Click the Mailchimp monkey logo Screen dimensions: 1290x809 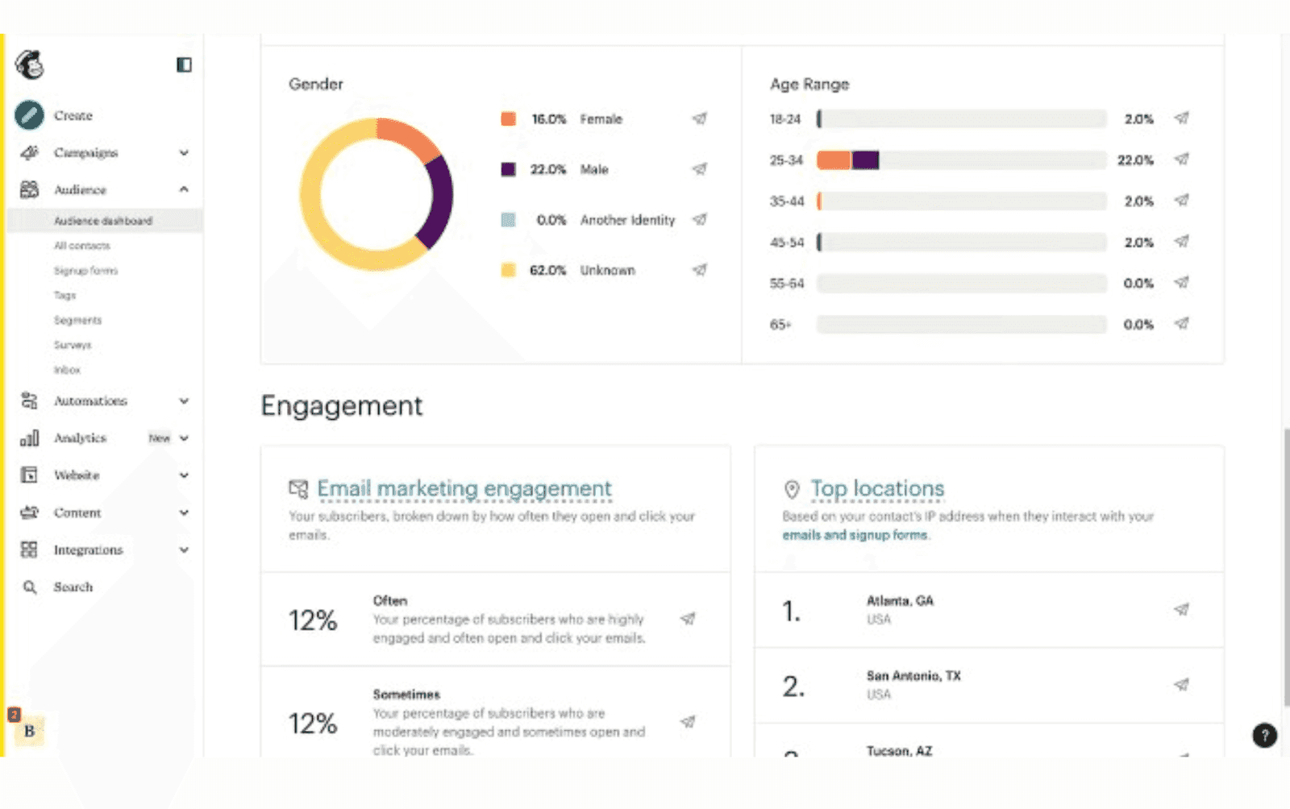(30, 64)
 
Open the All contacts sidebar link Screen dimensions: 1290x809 (81, 246)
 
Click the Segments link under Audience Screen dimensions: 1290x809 (77, 320)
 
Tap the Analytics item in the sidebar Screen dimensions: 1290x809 (80, 438)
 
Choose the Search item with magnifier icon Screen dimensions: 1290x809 (73, 587)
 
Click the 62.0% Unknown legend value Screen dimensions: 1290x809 (547, 270)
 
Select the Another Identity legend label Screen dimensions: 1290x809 (627, 220)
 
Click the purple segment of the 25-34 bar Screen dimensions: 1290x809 (865, 160)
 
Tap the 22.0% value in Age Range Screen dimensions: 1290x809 (1135, 160)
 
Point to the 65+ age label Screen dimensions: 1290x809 (780, 325)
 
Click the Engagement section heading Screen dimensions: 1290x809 (341, 405)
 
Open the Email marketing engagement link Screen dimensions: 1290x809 (464, 488)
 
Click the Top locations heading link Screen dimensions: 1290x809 (876, 488)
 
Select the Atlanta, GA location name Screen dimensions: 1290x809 (899, 600)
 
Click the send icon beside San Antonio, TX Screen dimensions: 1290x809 (1181, 685)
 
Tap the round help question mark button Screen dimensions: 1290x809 (1264, 735)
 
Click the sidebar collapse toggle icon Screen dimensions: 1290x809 (184, 64)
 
